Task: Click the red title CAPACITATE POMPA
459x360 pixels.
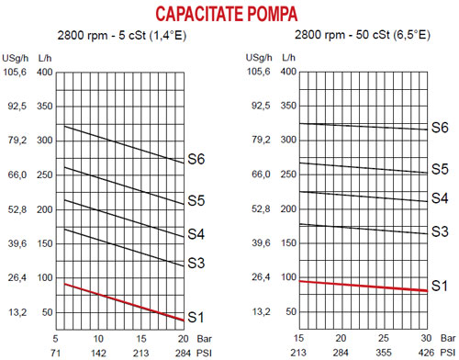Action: coord(227,14)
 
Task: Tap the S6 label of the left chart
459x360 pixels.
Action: coord(196,159)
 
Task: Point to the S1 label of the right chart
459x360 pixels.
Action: coord(440,286)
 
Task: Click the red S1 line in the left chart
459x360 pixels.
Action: coord(124,302)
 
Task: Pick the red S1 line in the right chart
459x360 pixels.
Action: coord(364,286)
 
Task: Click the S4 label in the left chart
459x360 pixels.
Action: coord(196,234)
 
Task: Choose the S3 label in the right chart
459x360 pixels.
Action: coord(440,231)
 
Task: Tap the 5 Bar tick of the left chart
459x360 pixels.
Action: coord(55,339)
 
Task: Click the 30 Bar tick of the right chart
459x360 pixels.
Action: coord(426,338)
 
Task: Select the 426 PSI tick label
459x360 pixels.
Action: coord(426,353)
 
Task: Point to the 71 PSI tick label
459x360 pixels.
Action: coord(55,353)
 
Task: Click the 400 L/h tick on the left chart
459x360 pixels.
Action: coord(45,73)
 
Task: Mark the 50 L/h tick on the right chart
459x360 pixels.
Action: coord(291,311)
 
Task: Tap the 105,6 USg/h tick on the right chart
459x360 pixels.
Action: coord(259,72)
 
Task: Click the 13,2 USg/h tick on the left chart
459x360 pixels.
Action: coord(17,312)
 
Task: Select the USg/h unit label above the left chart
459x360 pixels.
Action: coord(16,58)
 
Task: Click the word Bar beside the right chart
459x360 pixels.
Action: coord(448,338)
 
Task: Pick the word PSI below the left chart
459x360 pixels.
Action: coord(204,353)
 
